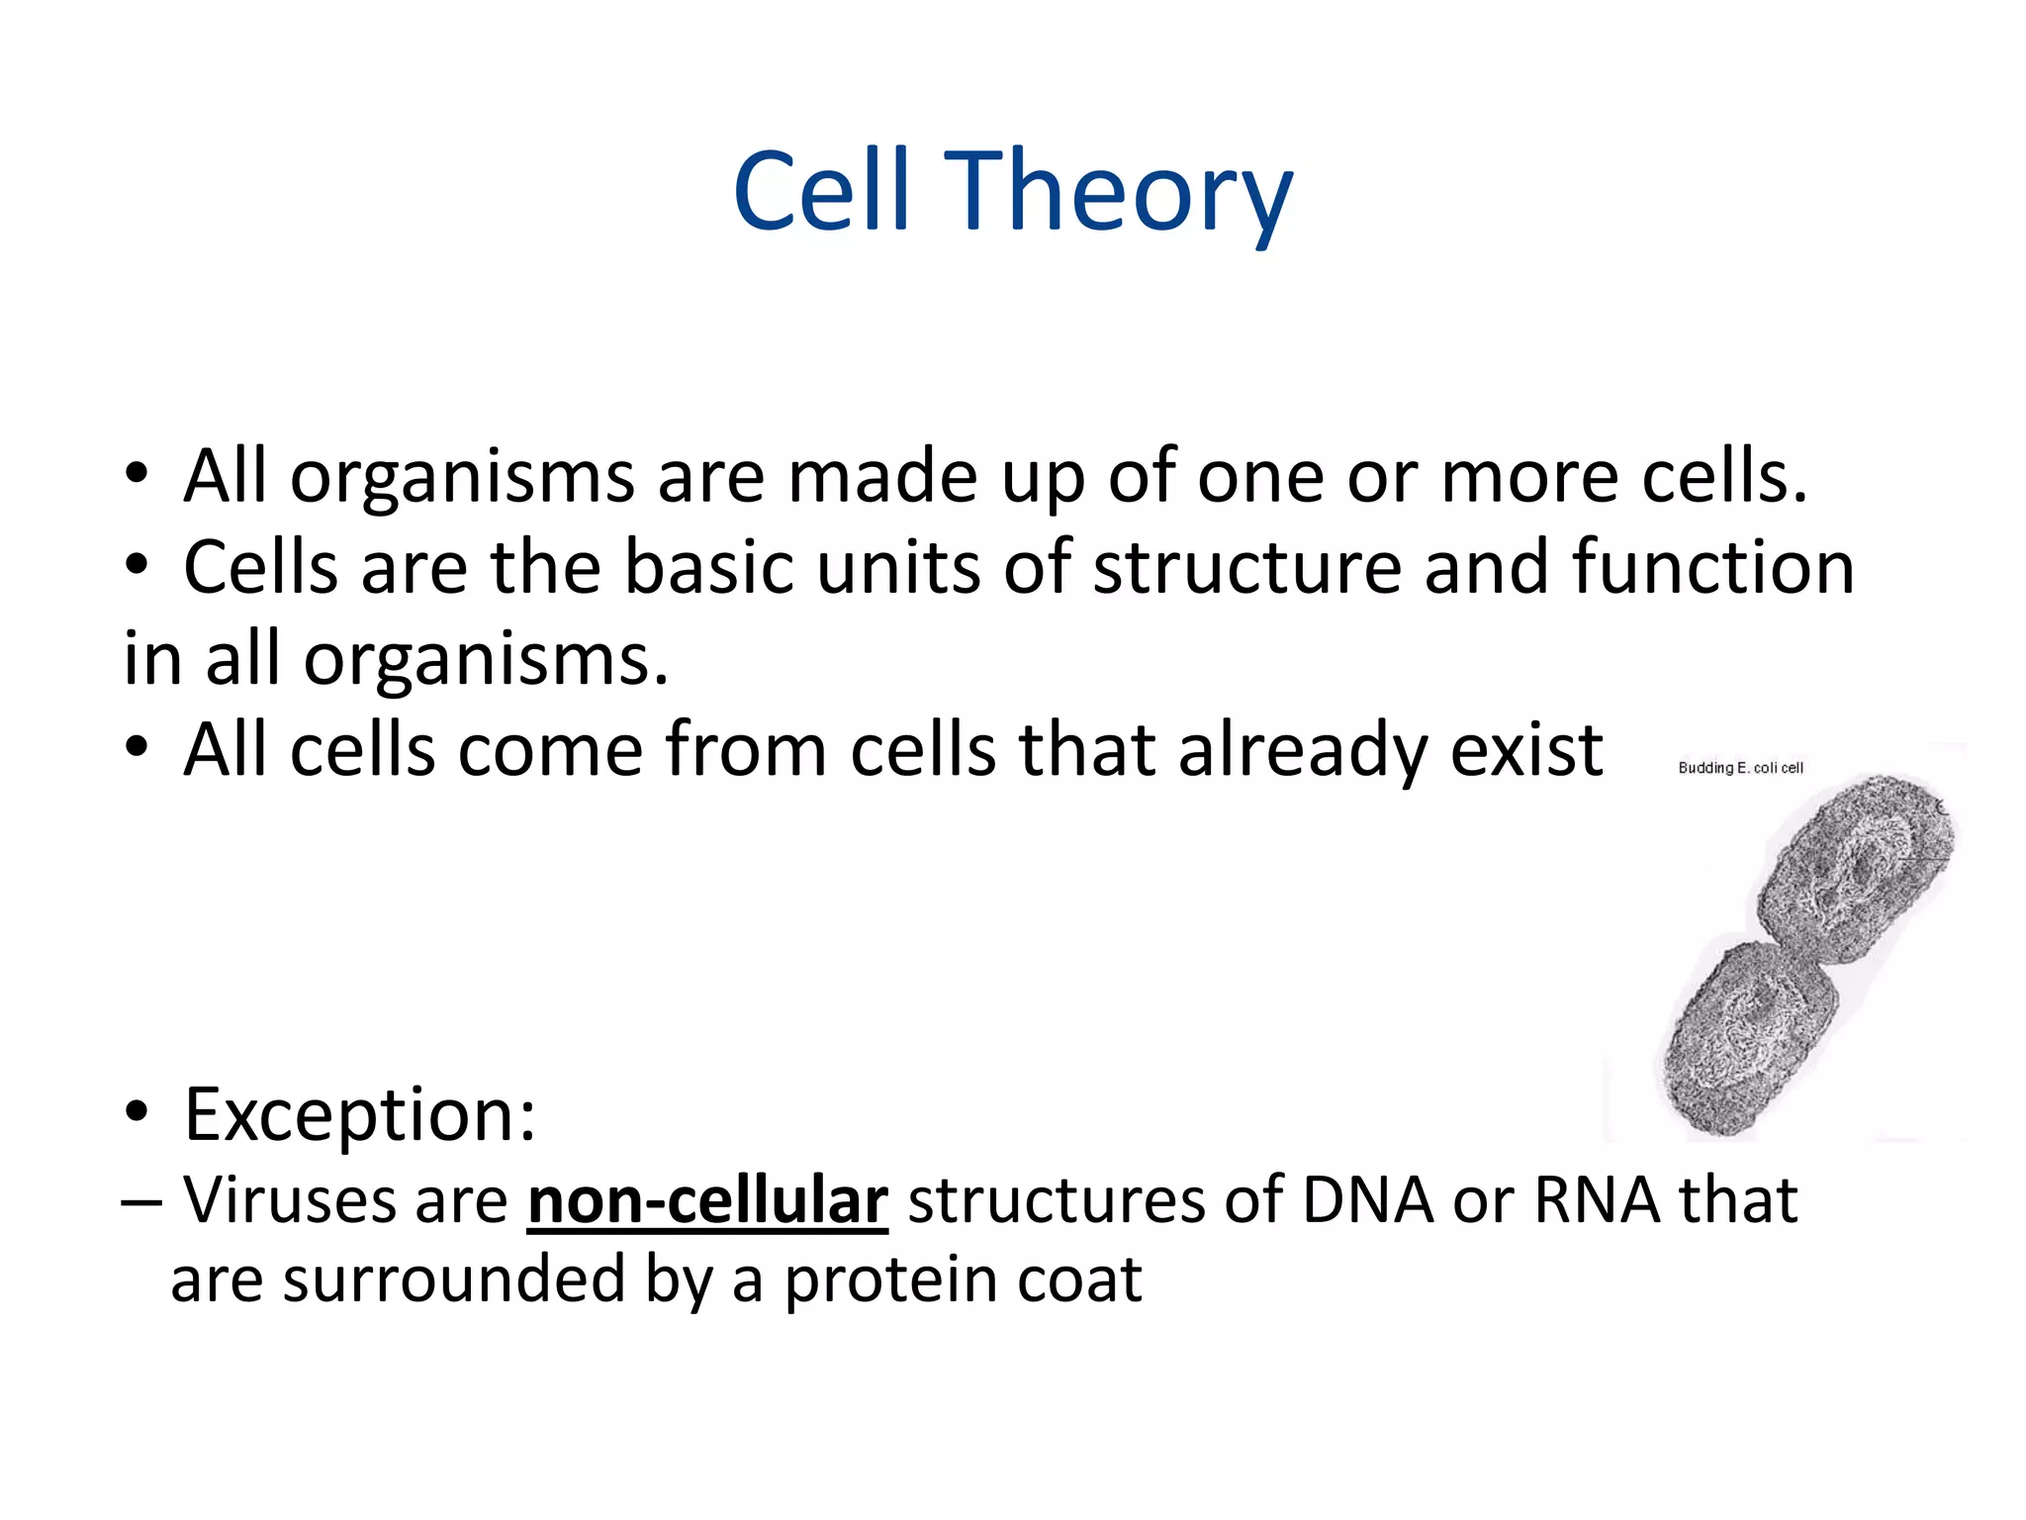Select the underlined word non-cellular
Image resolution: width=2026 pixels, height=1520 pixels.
pos(707,1201)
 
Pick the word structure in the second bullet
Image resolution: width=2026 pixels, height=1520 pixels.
pos(1246,569)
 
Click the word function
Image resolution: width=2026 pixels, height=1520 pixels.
pos(1712,569)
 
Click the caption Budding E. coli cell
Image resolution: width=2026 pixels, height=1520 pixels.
pos(1740,768)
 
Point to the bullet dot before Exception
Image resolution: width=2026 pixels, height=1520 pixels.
pos(137,1113)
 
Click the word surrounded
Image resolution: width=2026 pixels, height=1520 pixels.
pos(454,1282)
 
